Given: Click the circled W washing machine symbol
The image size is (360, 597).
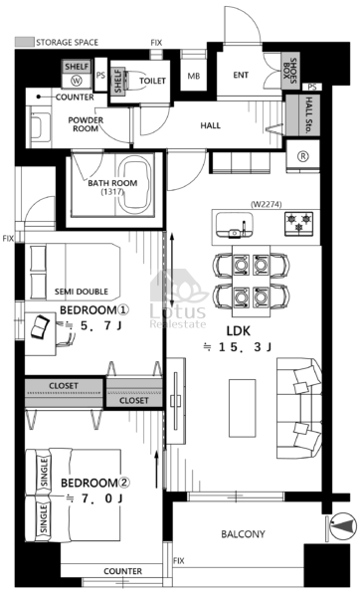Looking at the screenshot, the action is [77, 81].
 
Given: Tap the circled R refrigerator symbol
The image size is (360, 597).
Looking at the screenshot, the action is [304, 156].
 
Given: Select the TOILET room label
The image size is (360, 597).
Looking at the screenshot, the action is [152, 81].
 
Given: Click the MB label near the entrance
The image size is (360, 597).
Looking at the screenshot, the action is [194, 77].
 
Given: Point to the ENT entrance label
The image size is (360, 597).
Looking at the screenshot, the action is [241, 75].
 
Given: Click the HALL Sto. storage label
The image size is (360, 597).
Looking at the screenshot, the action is [306, 115].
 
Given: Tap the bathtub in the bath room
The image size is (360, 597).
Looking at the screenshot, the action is [136, 185].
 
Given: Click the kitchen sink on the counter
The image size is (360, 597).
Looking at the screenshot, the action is [234, 225].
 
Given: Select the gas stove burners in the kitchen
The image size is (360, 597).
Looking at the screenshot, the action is [299, 223].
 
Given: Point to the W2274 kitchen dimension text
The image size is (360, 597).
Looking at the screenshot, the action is [267, 204].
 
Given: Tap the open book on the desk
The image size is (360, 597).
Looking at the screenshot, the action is [40, 326].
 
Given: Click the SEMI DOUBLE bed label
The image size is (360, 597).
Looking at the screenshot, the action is [82, 292].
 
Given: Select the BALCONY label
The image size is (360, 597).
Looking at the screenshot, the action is [243, 534].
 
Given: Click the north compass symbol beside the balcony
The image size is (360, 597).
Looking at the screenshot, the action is [342, 527].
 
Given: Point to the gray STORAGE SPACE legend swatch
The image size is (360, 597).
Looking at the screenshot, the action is [24, 42].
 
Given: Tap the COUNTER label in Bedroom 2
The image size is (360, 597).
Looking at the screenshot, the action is [122, 571].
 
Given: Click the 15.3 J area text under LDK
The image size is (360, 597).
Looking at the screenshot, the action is [238, 347].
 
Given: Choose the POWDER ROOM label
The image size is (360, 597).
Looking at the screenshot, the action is [86, 124].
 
